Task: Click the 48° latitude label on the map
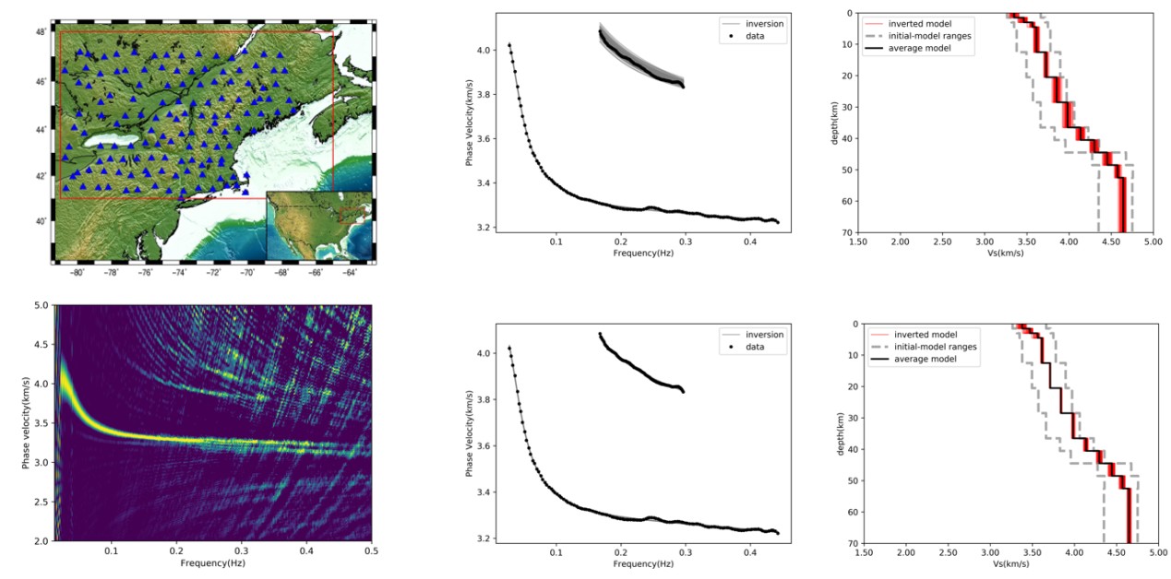(42, 31)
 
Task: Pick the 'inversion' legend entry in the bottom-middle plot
(763, 334)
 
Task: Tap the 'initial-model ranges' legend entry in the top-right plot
(930, 35)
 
